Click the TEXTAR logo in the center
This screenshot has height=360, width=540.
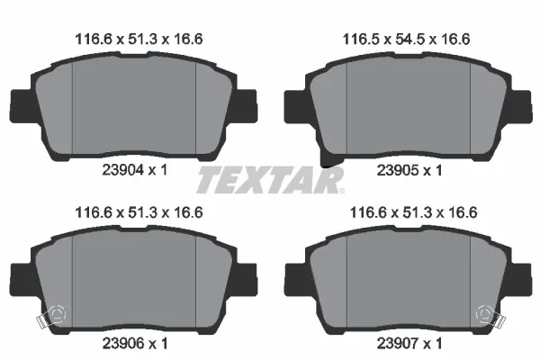(270, 180)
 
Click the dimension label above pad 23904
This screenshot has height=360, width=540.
(134, 38)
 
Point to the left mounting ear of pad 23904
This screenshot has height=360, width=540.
(20, 107)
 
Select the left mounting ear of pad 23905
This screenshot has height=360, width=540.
(295, 107)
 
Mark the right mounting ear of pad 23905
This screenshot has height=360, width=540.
(519, 107)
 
